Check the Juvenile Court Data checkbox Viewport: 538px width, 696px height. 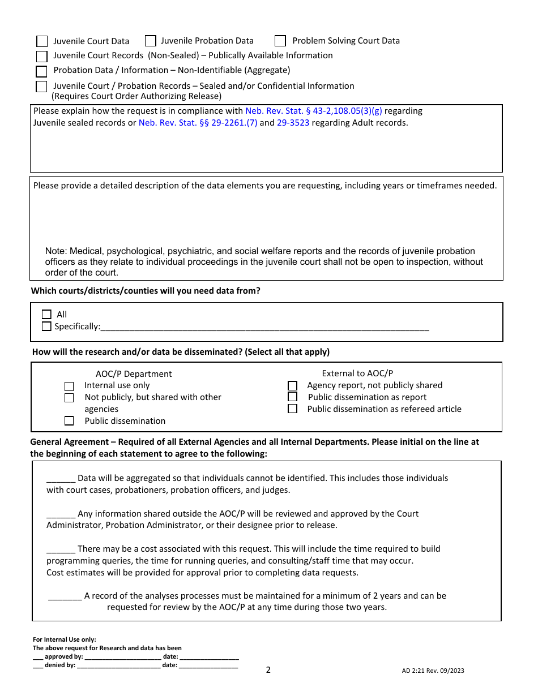[x=42, y=41]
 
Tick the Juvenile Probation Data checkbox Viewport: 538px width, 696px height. [x=151, y=41]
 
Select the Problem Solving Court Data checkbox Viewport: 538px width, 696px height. [x=280, y=41]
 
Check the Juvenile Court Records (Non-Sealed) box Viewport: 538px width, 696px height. [x=42, y=57]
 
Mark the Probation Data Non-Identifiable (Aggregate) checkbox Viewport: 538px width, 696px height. [x=41, y=71]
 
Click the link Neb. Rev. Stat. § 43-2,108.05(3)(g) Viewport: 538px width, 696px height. [x=313, y=111]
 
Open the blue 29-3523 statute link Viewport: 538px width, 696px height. [x=293, y=123]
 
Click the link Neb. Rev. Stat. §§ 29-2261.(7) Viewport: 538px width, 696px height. [x=198, y=123]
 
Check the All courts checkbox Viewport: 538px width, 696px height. [x=46, y=315]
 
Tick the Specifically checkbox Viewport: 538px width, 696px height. [x=46, y=326]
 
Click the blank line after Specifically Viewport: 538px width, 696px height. [x=264, y=327]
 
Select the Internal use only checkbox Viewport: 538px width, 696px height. [x=69, y=386]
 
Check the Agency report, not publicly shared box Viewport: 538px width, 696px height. [x=292, y=385]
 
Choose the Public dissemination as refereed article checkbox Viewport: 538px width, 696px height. [x=292, y=409]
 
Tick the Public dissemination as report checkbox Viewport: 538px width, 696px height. [x=292, y=397]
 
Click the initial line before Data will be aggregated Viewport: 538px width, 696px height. [x=61, y=479]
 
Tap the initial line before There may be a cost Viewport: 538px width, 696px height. [x=61, y=550]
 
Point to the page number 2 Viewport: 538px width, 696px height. [x=268, y=670]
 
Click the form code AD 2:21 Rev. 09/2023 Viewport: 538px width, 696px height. [x=433, y=671]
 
